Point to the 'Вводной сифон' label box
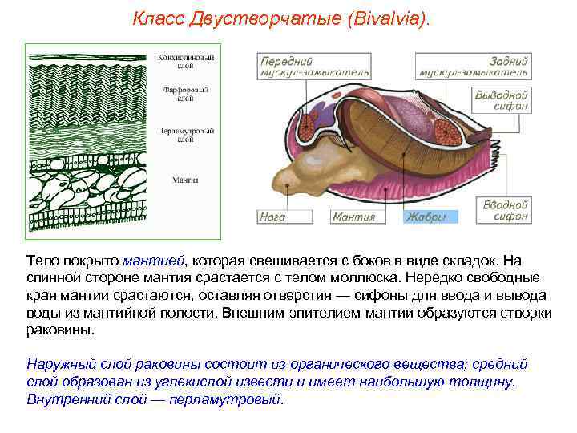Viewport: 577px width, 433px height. [505, 211]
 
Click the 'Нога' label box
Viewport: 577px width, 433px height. [272, 216]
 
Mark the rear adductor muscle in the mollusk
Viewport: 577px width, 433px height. [446, 128]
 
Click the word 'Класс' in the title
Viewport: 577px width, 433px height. [157, 18]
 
